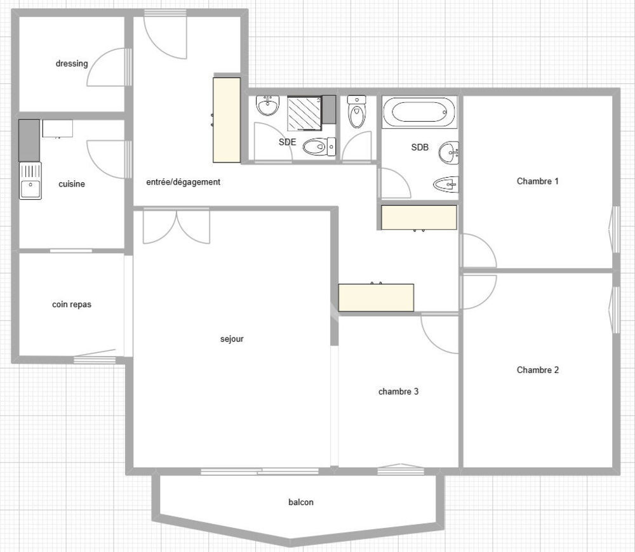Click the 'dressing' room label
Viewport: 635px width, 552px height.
[x=72, y=63]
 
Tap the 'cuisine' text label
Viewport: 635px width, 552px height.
[x=72, y=184]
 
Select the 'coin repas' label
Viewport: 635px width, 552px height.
[x=72, y=305]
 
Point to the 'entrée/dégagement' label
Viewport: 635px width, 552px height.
[x=184, y=182]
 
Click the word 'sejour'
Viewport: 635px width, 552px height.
[x=232, y=339]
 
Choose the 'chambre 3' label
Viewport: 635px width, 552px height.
[x=398, y=391]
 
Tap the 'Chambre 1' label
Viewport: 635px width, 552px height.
[x=537, y=181]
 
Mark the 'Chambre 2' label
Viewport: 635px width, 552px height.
[x=537, y=370]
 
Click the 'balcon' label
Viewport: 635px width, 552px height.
[x=300, y=502]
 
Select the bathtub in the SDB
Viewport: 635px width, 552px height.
[x=419, y=113]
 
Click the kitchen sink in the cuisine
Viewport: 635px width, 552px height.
[x=30, y=181]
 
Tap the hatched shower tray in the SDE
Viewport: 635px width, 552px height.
[x=304, y=112]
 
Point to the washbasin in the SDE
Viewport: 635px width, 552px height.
[x=267, y=105]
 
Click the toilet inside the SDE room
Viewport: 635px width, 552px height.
[x=318, y=147]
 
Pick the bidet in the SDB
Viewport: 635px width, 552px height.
[x=445, y=185]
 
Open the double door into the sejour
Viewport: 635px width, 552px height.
[x=176, y=227]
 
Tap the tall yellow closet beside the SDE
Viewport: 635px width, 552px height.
[x=227, y=119]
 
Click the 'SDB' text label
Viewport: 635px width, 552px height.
[x=420, y=147]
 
